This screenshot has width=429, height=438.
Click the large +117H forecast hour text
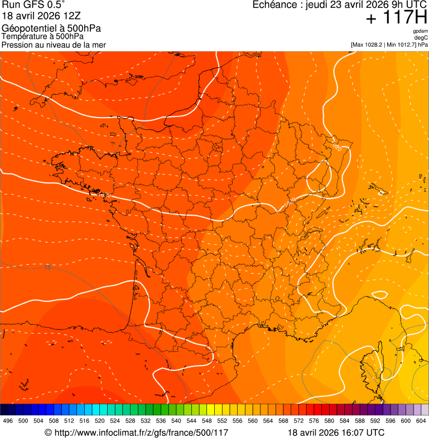[x=396, y=18]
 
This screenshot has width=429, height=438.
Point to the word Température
[x=25, y=37]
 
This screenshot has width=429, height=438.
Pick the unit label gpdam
[x=420, y=31]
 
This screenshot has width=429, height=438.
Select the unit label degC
[x=421, y=37]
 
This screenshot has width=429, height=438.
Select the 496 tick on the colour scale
[x=8, y=420]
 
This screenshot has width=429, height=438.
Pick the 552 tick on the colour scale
[x=222, y=420]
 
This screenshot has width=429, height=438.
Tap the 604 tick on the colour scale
[x=421, y=420]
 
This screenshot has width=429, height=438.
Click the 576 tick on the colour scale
[x=314, y=420]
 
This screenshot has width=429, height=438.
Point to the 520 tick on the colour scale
[x=100, y=420]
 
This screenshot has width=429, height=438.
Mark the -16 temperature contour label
[x=47, y=268]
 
